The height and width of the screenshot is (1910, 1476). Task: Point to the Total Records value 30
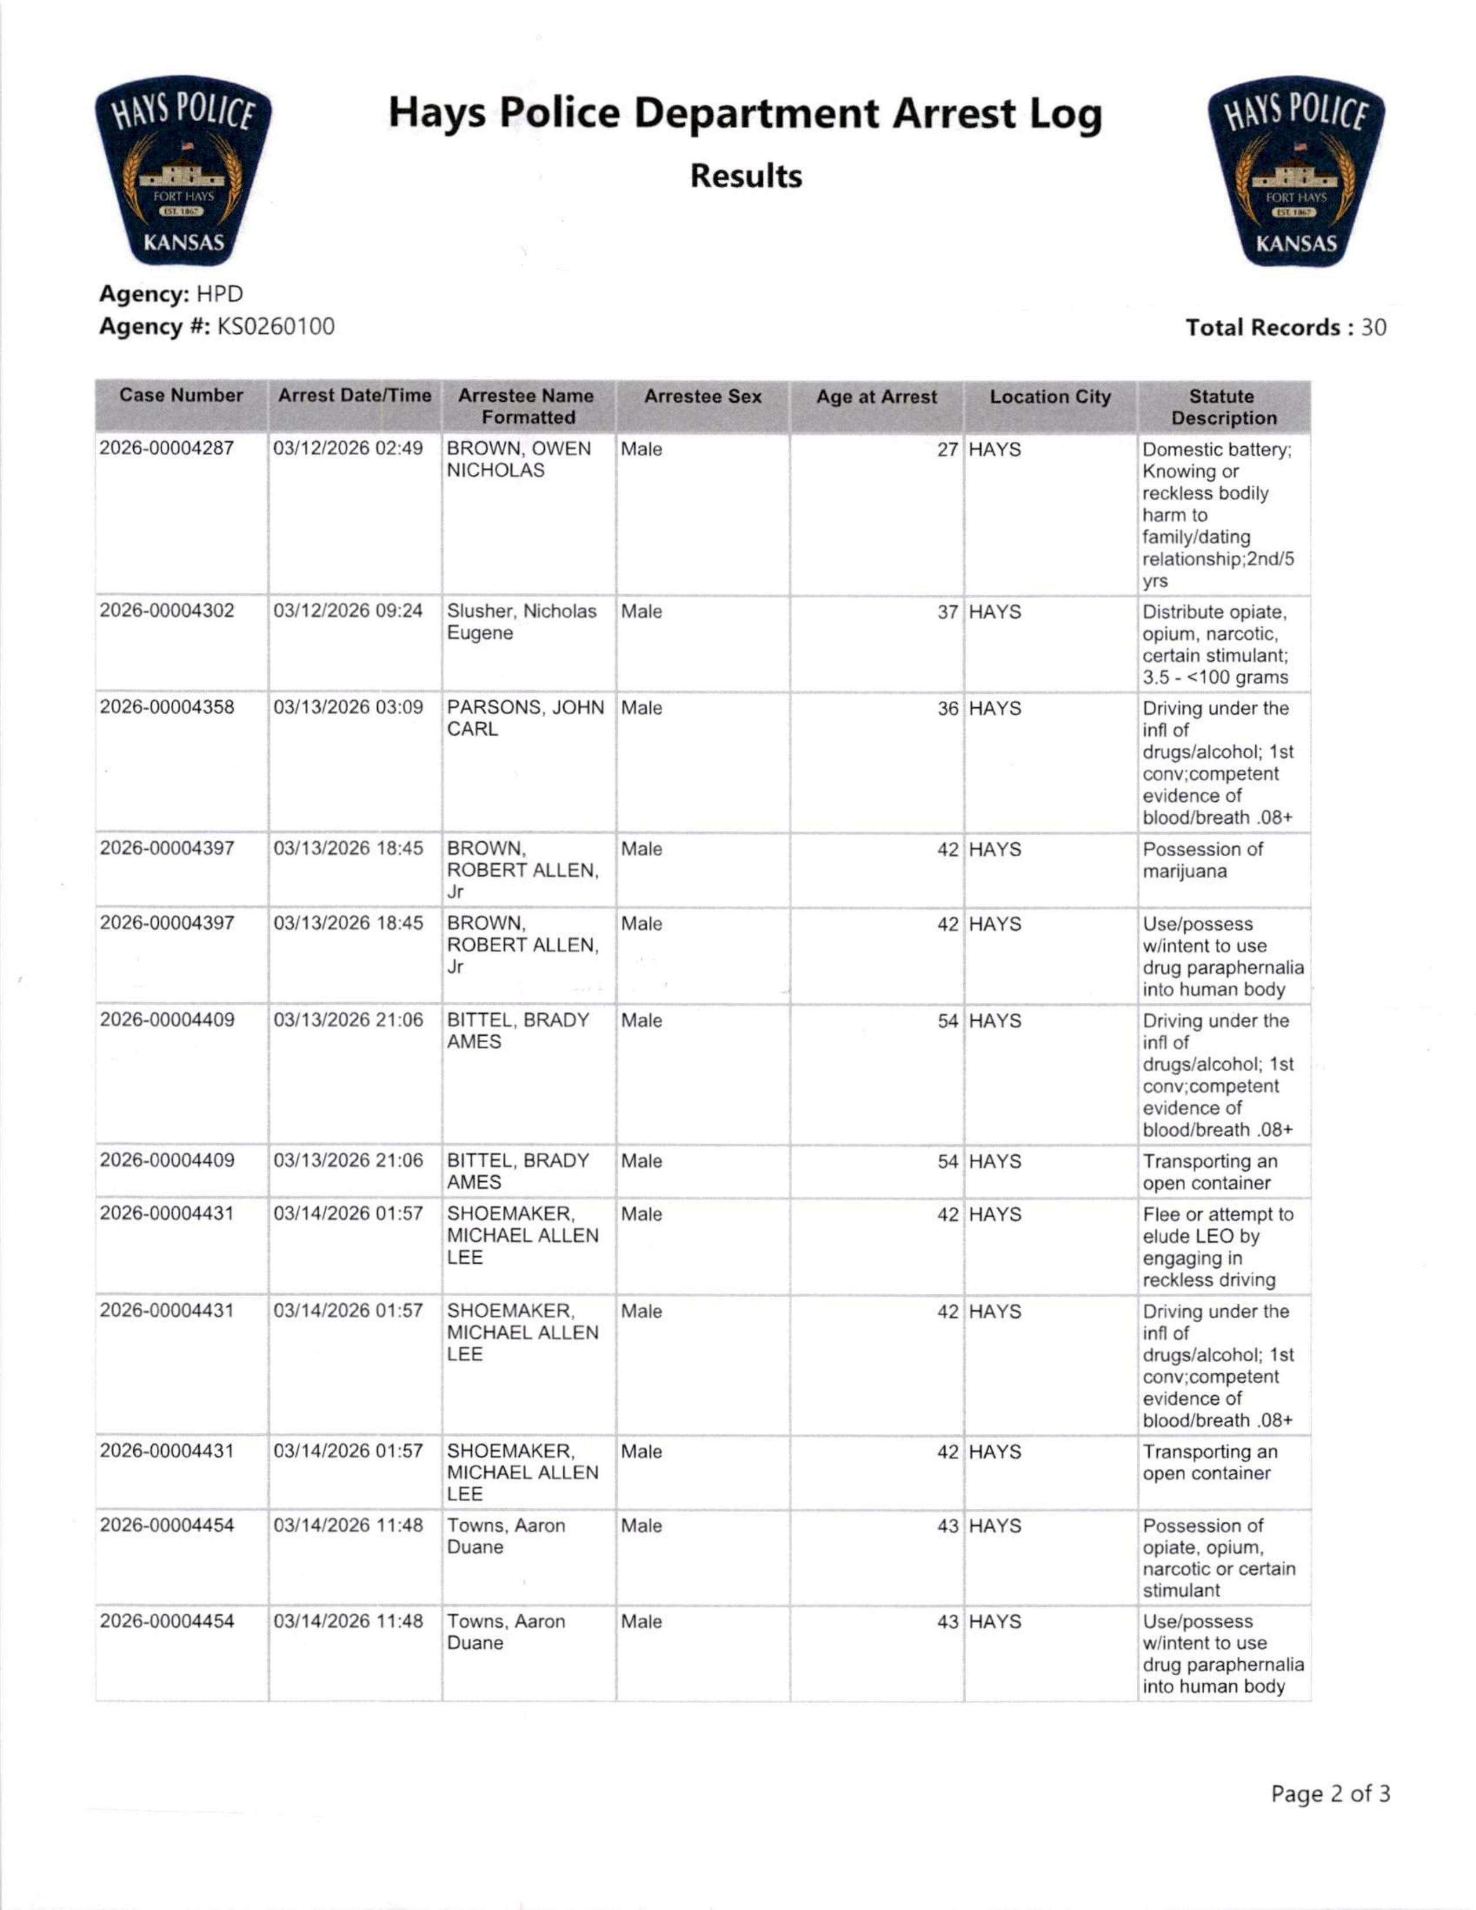tap(1373, 328)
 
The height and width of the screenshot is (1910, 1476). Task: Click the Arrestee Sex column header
tap(702, 397)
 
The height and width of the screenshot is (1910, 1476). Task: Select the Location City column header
tap(1049, 397)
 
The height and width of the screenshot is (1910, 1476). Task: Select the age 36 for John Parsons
tap(948, 708)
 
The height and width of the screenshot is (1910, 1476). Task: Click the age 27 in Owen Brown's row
tap(948, 449)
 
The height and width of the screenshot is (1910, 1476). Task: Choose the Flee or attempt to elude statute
tap(1217, 1246)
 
